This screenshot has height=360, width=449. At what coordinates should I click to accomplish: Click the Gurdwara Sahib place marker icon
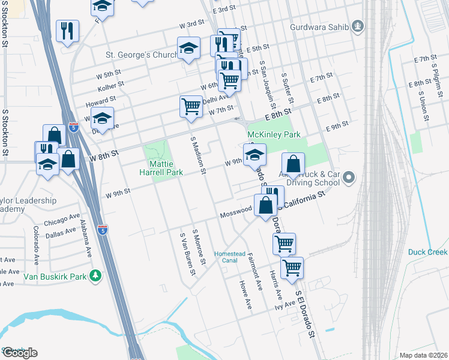tap(358, 26)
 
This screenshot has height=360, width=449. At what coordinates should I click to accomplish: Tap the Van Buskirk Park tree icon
tap(95, 276)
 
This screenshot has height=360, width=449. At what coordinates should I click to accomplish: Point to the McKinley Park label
tap(274, 135)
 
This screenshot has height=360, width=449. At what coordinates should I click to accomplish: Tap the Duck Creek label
tap(428, 252)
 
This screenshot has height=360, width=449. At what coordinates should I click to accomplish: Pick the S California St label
tap(301, 200)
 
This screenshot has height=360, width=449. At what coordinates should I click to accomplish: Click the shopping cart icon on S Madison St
tap(191, 106)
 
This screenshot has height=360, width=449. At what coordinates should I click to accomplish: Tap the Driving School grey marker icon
tap(351, 178)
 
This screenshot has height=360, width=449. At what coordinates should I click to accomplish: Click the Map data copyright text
tap(424, 355)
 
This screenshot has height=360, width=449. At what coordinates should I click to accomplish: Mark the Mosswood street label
tap(235, 212)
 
